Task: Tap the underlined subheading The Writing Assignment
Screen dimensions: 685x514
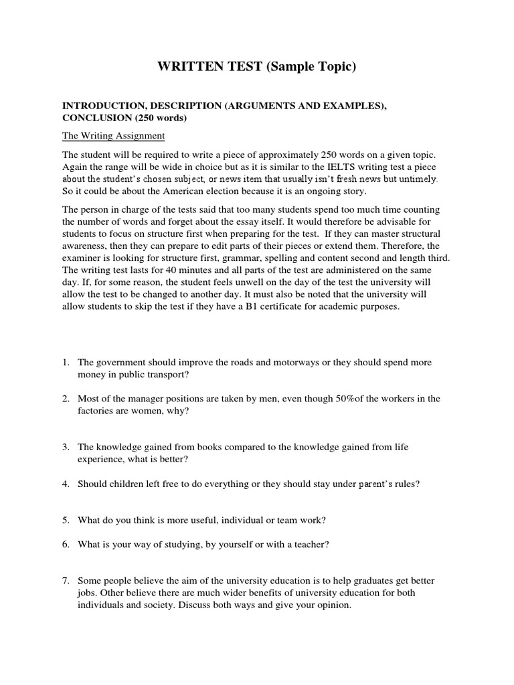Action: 113,136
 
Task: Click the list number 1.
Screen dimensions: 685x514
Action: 66,362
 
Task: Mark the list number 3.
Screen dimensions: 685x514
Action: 66,447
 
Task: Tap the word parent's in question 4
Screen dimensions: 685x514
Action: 379,484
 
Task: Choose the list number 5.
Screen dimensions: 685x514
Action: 66,520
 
